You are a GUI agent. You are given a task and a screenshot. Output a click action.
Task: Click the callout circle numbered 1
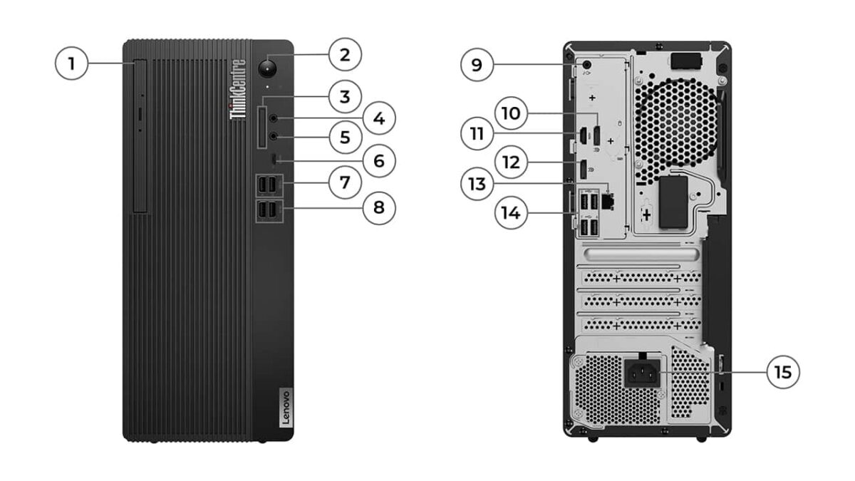[71, 64]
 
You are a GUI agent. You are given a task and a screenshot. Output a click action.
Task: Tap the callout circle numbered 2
[345, 55]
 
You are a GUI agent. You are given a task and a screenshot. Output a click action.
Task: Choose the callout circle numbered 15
[783, 372]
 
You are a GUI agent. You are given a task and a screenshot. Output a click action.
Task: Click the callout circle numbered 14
[511, 212]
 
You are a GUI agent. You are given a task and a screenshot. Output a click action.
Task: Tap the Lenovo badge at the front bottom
[283, 408]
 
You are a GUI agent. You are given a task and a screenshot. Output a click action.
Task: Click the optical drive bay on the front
[139, 135]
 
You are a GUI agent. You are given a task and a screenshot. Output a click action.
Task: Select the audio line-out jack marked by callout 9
[586, 64]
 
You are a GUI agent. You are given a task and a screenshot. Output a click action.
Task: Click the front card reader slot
[263, 128]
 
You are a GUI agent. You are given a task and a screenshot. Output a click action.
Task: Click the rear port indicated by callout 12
[582, 170]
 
